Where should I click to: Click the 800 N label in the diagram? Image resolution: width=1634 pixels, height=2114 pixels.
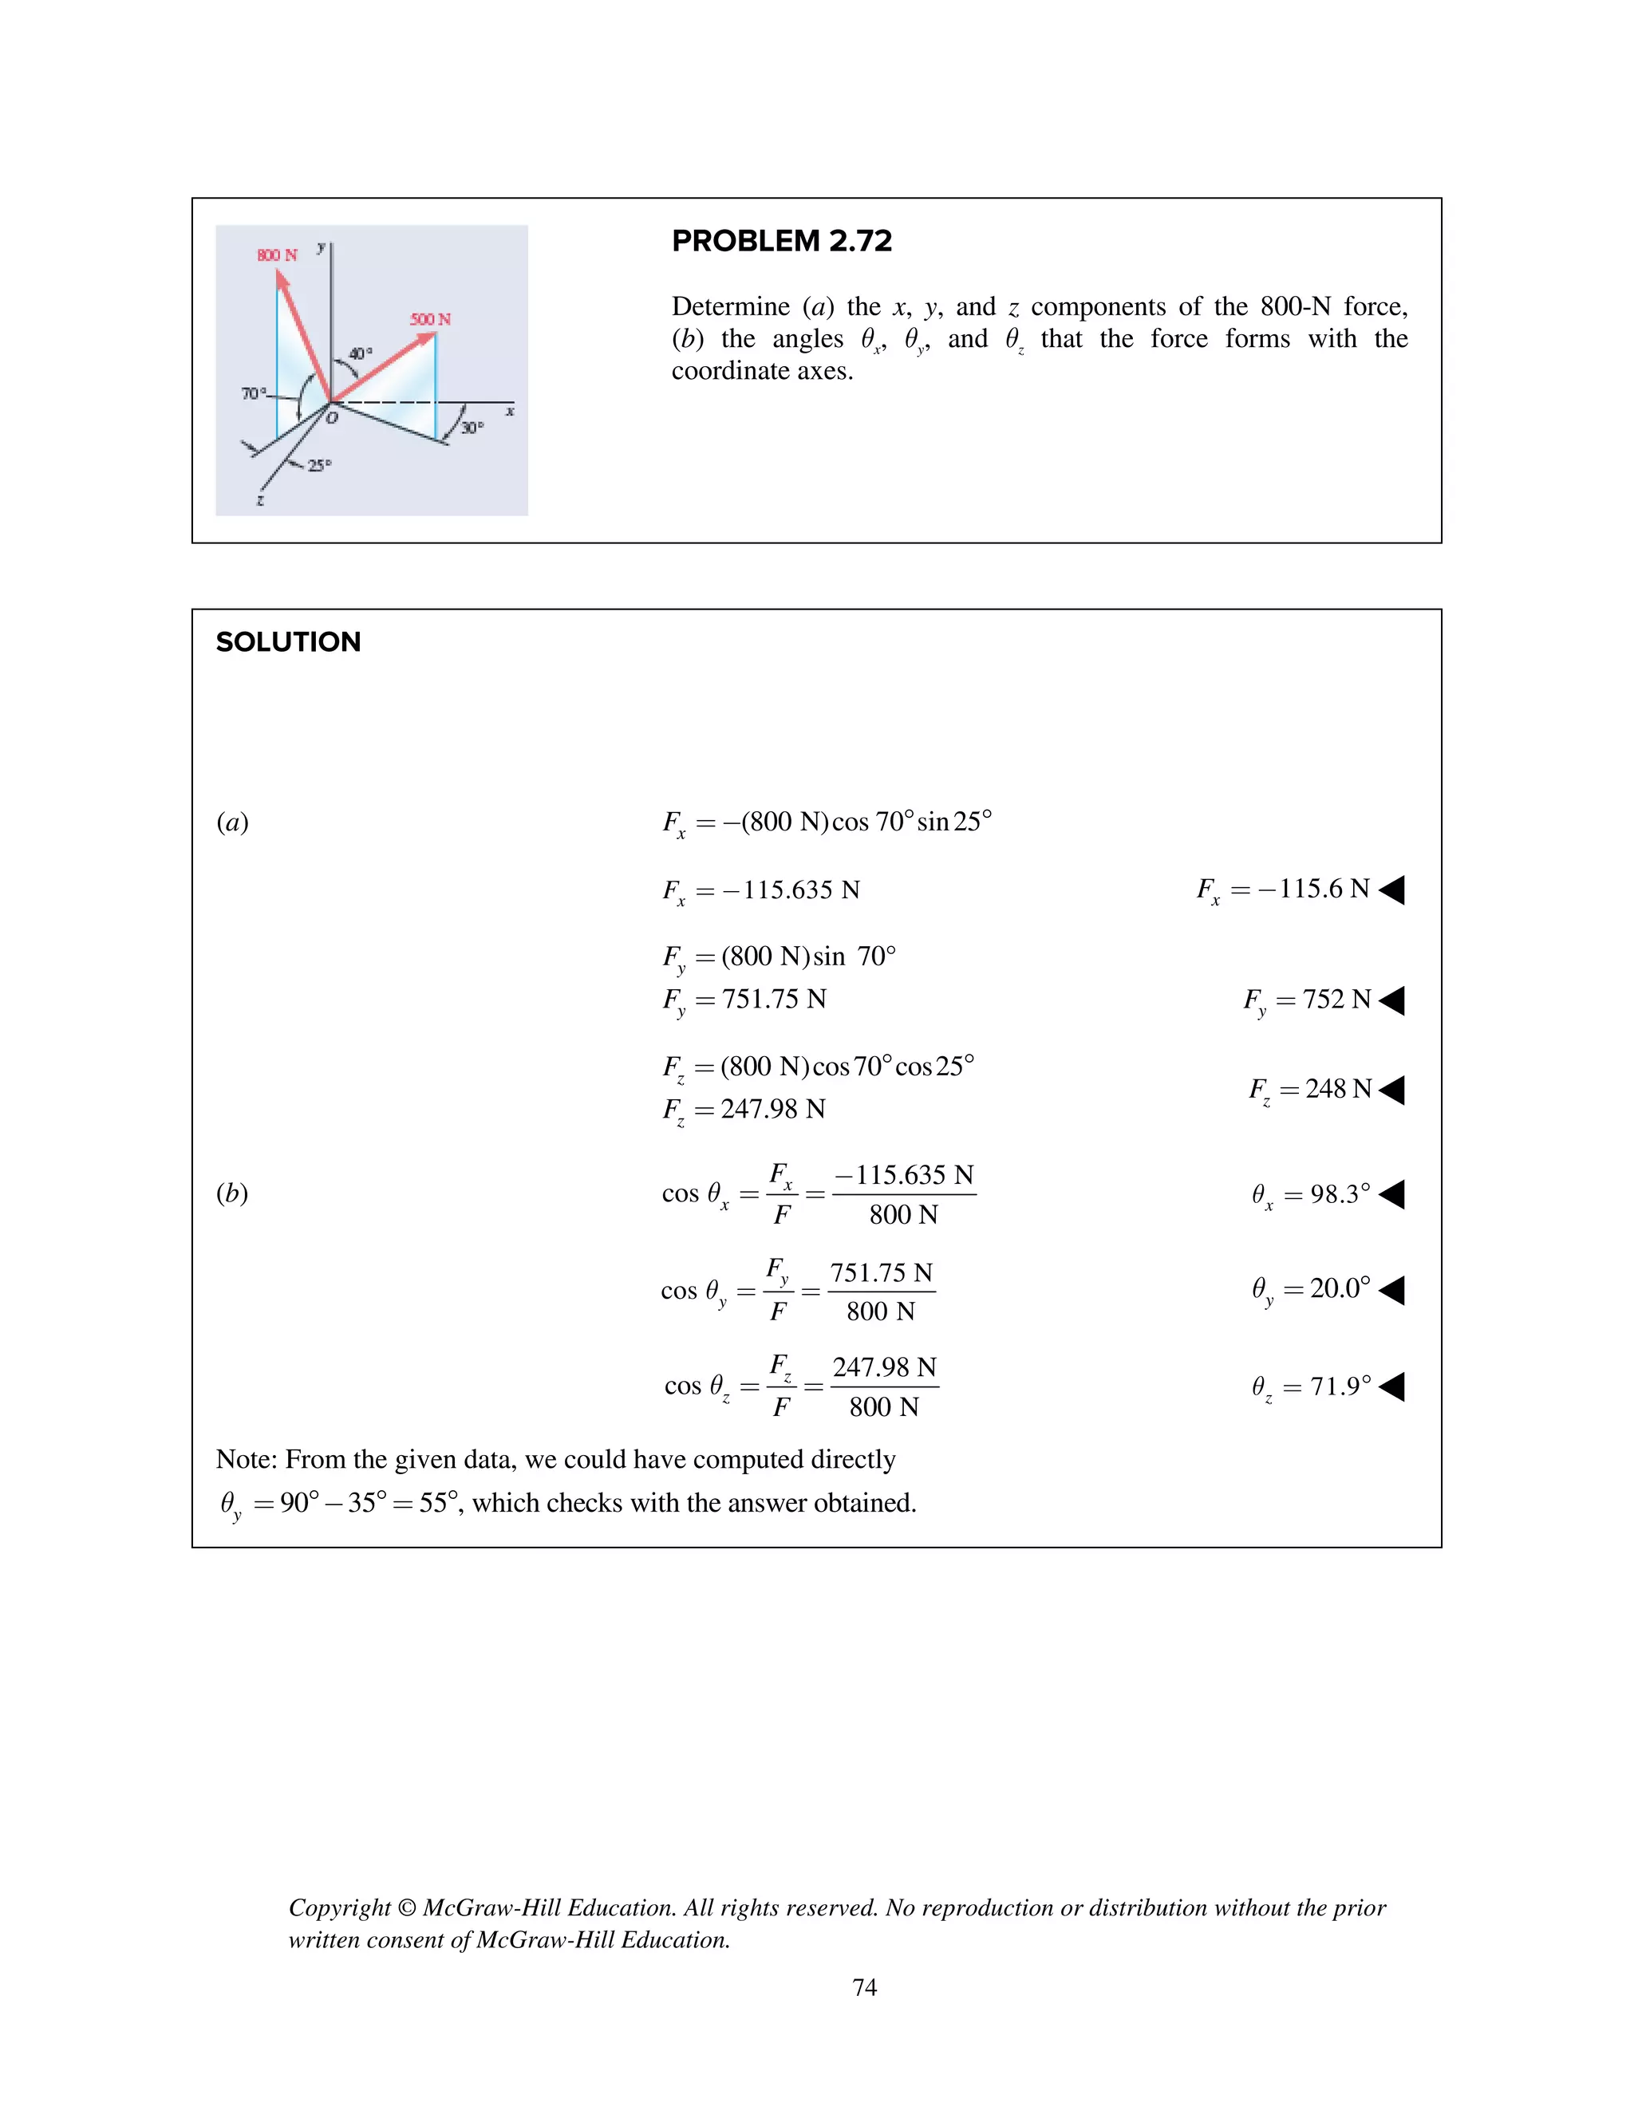pyautogui.click(x=277, y=255)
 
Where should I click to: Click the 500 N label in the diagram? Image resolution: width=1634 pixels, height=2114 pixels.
pyautogui.click(x=430, y=319)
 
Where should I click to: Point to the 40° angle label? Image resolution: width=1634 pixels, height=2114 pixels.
pyautogui.click(x=360, y=354)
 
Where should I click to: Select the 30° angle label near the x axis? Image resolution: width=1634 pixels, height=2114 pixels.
pyautogui.click(x=472, y=428)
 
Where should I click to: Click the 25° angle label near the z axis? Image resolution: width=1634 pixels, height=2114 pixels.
pyautogui.click(x=319, y=466)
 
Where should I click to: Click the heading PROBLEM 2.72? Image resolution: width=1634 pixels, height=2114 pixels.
pyautogui.click(x=781, y=241)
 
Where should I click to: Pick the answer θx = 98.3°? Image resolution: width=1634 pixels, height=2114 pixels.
pyautogui.click(x=1311, y=1194)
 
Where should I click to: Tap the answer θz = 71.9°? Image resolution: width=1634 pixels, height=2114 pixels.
pyautogui.click(x=1311, y=1387)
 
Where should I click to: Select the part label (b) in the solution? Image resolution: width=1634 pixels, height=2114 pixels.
pyautogui.click(x=232, y=1193)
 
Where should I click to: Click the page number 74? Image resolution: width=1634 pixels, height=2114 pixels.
pyautogui.click(x=864, y=1987)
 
